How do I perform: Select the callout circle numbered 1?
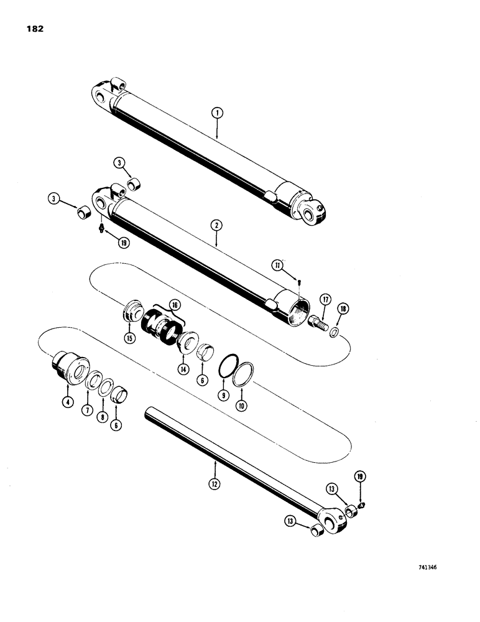[216, 113]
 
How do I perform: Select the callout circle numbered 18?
[341, 309]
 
